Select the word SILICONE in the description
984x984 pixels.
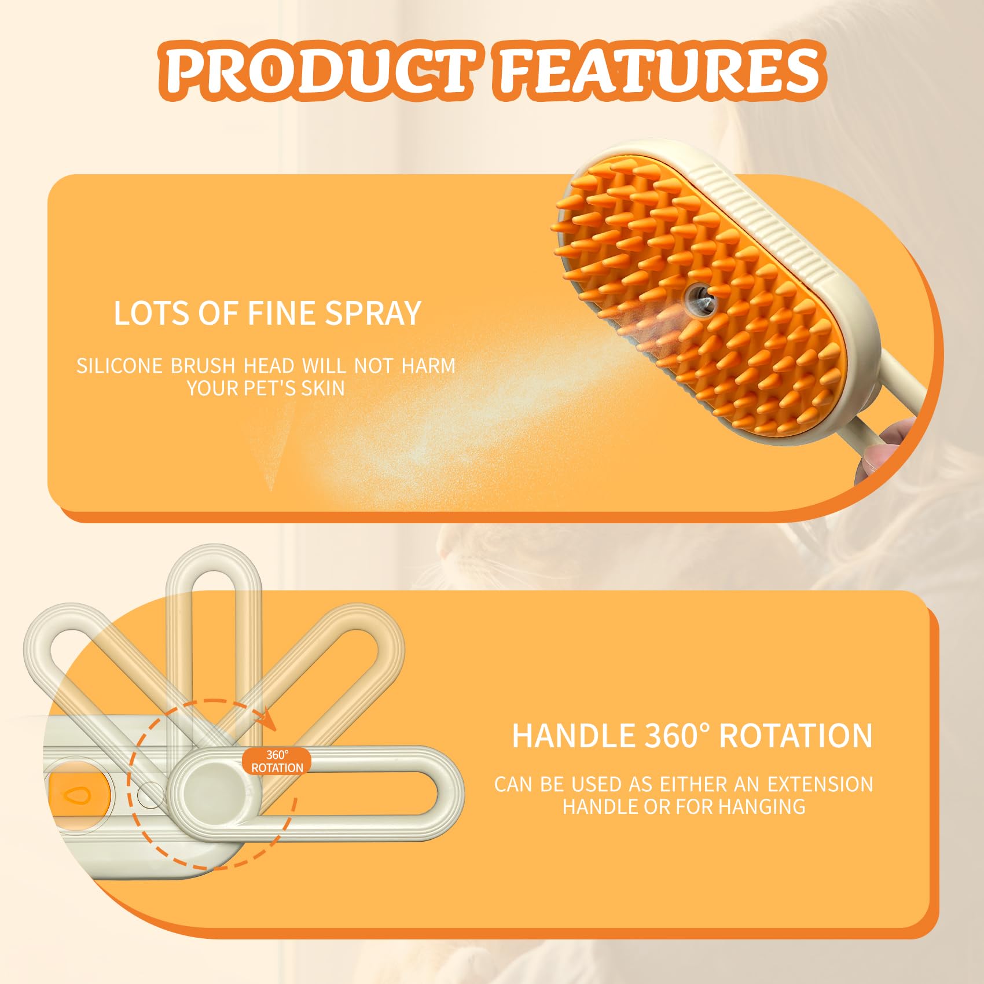pos(119,366)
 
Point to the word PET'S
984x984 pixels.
pos(270,388)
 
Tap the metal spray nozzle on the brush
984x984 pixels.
pos(699,299)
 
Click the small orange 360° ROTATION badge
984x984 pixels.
pos(277,761)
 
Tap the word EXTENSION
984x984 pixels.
pos(820,784)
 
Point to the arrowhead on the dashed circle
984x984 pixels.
pos(267,724)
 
